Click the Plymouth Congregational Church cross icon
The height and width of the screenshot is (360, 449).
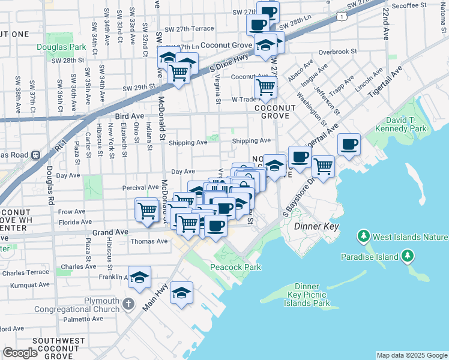point(128,305)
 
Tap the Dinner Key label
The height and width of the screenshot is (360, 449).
point(317,227)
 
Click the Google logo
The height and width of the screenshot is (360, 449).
point(20,353)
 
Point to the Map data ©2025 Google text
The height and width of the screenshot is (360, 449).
point(411,355)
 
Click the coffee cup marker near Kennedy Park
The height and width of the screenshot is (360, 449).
point(348,145)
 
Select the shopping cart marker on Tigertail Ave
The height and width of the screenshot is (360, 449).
point(323,166)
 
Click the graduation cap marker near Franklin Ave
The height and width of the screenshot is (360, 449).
point(139,277)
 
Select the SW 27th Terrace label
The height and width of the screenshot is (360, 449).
point(188,28)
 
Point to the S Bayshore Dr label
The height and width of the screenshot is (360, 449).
point(298,198)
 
